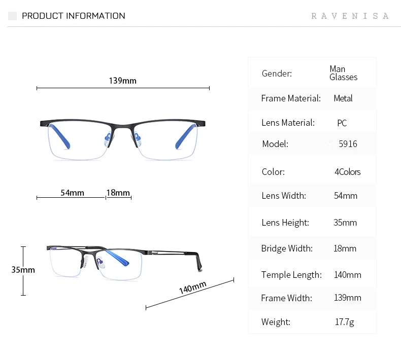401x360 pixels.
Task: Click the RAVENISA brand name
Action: tap(350, 16)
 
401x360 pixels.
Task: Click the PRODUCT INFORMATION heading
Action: tap(73, 16)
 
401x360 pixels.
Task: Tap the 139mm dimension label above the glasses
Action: tap(122, 81)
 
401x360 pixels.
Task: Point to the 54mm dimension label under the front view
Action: tap(72, 193)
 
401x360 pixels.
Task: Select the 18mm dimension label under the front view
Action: tap(118, 193)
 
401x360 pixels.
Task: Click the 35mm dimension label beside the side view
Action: tap(23, 270)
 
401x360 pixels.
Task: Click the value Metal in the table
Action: tap(343, 98)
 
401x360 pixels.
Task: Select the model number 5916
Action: tap(348, 144)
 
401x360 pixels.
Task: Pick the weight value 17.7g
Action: tap(345, 322)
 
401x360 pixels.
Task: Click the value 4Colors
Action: tap(347, 172)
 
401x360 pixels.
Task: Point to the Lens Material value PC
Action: tap(342, 123)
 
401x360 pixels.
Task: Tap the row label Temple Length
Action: tap(291, 275)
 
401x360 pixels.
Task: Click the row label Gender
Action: tap(277, 74)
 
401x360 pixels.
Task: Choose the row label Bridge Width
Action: tap(287, 248)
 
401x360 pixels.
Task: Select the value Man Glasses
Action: tap(343, 73)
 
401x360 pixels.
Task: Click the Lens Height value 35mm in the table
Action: tap(345, 223)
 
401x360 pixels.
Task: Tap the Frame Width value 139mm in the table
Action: tap(347, 298)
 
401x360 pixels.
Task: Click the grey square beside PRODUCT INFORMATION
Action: tap(13, 16)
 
